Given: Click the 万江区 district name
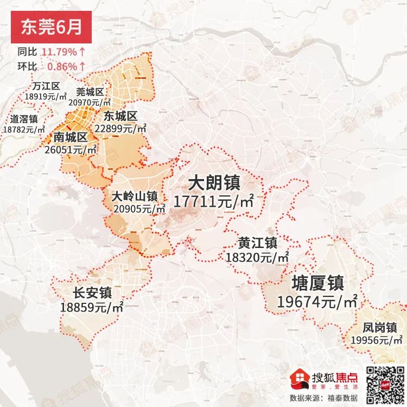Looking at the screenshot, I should (46, 86).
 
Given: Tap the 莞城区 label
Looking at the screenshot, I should (90, 91).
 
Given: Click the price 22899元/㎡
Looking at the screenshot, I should (120, 129).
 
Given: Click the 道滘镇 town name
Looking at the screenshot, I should (24, 119).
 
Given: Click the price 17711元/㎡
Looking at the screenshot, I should (214, 202).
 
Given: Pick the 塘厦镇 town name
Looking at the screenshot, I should (317, 283).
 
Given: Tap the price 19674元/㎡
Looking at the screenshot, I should (317, 302).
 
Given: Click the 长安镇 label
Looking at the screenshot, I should (92, 293).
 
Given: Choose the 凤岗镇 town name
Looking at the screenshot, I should (380, 327).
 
